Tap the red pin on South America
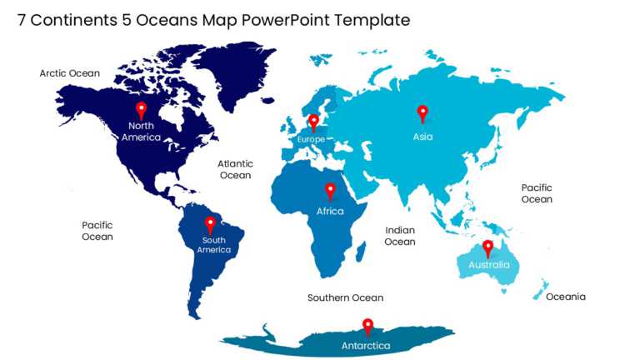click(x=210, y=224)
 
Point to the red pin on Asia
click(x=422, y=113)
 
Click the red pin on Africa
click(x=330, y=191)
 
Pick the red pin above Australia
click(x=488, y=247)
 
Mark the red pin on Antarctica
click(x=367, y=326)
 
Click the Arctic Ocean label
click(x=70, y=73)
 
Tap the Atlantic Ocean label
click(x=235, y=169)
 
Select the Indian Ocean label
click(x=400, y=236)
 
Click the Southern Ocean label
click(x=345, y=297)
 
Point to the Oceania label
click(x=566, y=297)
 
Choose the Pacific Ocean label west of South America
click(x=97, y=231)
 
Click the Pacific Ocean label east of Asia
click(x=537, y=193)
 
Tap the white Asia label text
click(x=422, y=137)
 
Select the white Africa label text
click(x=330, y=212)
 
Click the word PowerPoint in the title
click(x=285, y=20)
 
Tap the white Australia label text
click(x=488, y=265)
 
